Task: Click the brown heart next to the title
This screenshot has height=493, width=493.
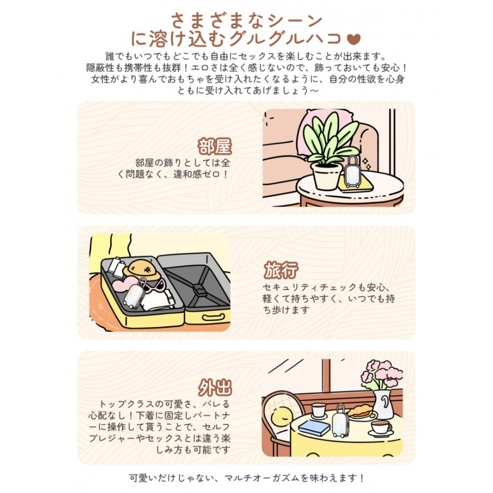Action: (353, 39)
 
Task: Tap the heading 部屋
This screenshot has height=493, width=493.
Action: (215, 146)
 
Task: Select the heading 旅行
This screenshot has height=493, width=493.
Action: (281, 270)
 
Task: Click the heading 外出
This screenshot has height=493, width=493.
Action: (215, 387)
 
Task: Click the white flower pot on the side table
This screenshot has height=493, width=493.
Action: (326, 176)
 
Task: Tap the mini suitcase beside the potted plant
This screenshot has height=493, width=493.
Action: (353, 172)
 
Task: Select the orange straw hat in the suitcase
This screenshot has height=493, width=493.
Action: (142, 270)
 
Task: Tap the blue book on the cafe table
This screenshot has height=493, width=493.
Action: (314, 427)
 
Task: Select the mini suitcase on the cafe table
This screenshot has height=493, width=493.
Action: (341, 422)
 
